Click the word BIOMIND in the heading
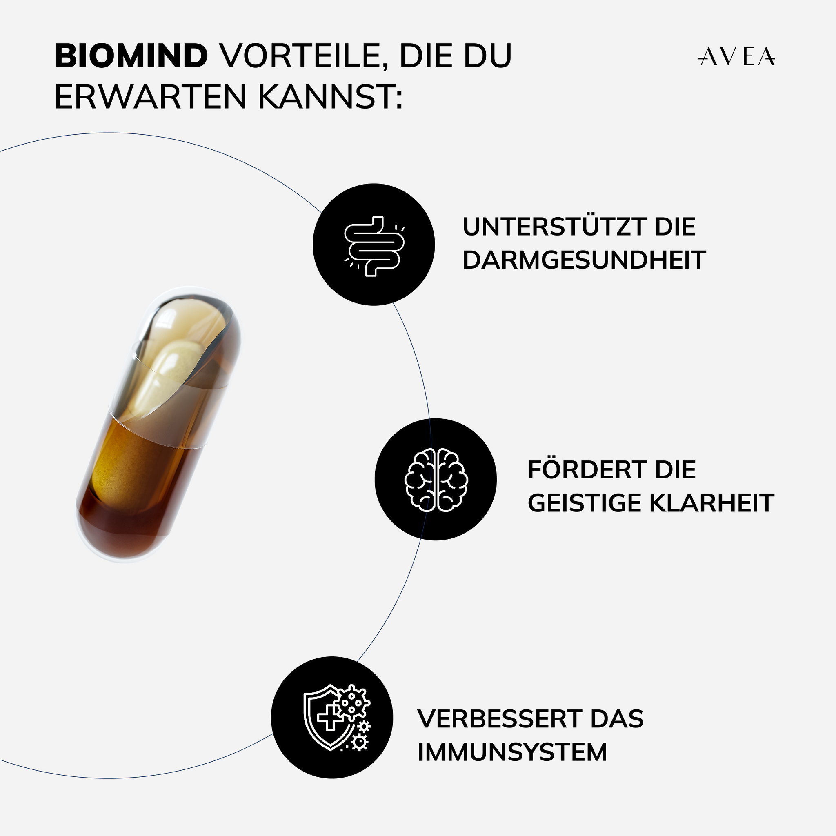click(131, 56)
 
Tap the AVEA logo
click(736, 57)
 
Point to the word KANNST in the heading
click(330, 97)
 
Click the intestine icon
click(374, 246)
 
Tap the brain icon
click(436, 480)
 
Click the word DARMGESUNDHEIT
click(584, 260)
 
